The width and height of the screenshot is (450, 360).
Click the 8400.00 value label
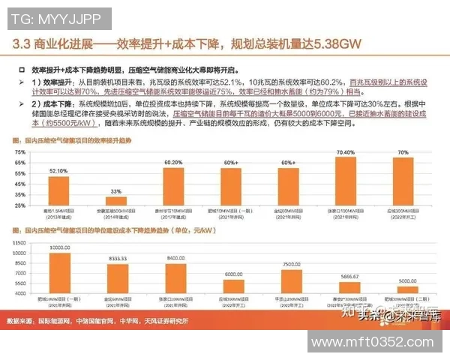pos(175,257)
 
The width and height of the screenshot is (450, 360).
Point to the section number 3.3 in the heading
pos(25,44)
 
